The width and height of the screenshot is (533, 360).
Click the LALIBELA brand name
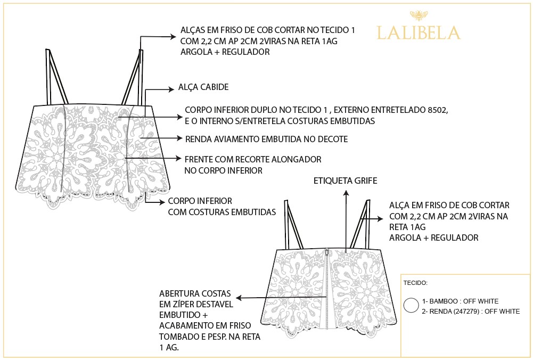click(419, 32)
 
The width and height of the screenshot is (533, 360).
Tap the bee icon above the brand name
click(419, 15)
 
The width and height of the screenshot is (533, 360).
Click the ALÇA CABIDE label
click(203, 87)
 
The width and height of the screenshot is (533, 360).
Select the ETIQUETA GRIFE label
click(346, 181)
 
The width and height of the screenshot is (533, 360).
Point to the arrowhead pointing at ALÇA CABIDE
click(171, 89)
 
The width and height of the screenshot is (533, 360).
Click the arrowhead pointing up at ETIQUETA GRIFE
click(347, 193)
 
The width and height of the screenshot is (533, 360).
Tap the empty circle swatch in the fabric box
click(411, 305)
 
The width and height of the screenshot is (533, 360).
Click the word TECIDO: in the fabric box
click(415, 283)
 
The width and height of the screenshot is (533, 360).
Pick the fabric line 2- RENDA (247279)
click(471, 311)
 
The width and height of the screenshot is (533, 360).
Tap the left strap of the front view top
click(56, 77)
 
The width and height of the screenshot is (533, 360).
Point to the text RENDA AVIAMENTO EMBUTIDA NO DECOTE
click(266, 139)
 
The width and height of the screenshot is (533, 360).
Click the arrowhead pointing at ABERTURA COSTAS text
click(239, 298)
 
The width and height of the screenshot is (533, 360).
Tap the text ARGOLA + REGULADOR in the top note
click(225, 52)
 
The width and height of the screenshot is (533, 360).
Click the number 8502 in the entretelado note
click(437, 110)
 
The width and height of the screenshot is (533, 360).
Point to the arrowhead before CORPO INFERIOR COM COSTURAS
click(162, 202)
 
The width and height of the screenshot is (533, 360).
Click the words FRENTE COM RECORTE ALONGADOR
click(253, 159)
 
